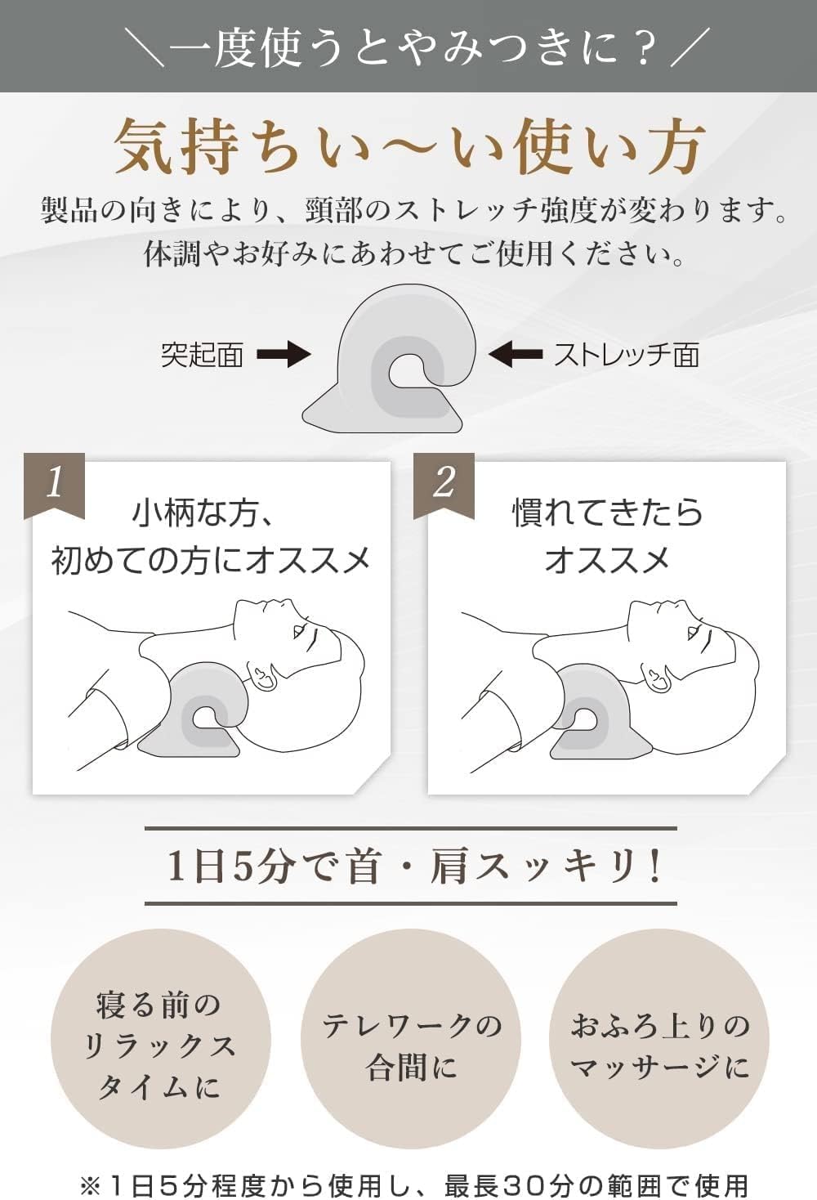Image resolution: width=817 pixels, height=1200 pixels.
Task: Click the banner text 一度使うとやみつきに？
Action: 408,47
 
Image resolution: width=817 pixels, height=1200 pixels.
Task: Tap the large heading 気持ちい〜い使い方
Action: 408,147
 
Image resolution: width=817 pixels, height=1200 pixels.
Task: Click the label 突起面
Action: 202,355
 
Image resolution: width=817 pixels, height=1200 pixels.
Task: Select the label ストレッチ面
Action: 627,355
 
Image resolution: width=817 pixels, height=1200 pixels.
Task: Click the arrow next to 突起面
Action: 283,355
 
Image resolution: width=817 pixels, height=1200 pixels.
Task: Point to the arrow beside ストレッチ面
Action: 516,355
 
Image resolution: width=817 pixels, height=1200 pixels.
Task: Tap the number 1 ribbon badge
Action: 54,484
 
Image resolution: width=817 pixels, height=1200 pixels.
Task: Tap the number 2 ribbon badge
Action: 444,484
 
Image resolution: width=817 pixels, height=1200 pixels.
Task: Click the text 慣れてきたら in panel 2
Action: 607,513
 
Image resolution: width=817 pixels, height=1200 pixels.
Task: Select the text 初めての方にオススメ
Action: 211,561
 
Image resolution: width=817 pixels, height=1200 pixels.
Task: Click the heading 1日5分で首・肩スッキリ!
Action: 411,866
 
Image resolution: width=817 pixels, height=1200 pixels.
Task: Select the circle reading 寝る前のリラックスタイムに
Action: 160,1044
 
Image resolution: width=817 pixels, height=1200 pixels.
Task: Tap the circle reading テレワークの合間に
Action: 412,1044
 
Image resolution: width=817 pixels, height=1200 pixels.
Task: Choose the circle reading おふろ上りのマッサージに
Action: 660,1044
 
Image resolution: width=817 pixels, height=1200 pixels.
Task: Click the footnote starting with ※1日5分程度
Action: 413,1184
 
